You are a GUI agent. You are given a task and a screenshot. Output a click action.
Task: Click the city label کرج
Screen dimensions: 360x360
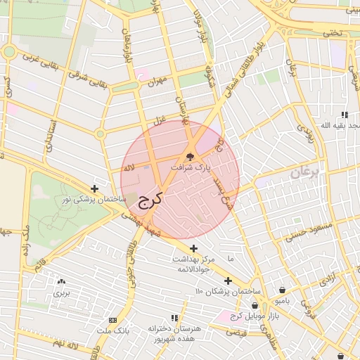point(149,198)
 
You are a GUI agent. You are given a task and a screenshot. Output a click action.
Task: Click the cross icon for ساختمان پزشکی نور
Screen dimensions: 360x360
point(95,189)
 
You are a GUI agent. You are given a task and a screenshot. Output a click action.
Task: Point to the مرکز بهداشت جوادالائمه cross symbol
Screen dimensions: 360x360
point(193,247)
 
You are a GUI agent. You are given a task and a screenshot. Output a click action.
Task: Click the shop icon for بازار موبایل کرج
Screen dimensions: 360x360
point(264,305)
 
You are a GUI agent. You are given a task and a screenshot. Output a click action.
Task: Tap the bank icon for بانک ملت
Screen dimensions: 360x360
point(113,319)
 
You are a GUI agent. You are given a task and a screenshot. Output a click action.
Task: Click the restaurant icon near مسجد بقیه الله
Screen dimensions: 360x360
point(344,115)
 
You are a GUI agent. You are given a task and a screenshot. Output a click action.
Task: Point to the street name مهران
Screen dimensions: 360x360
point(155,82)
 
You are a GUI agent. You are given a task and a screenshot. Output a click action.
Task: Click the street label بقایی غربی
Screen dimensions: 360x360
point(40,58)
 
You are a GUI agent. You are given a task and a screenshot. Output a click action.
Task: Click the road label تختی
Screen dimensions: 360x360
point(332,32)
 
